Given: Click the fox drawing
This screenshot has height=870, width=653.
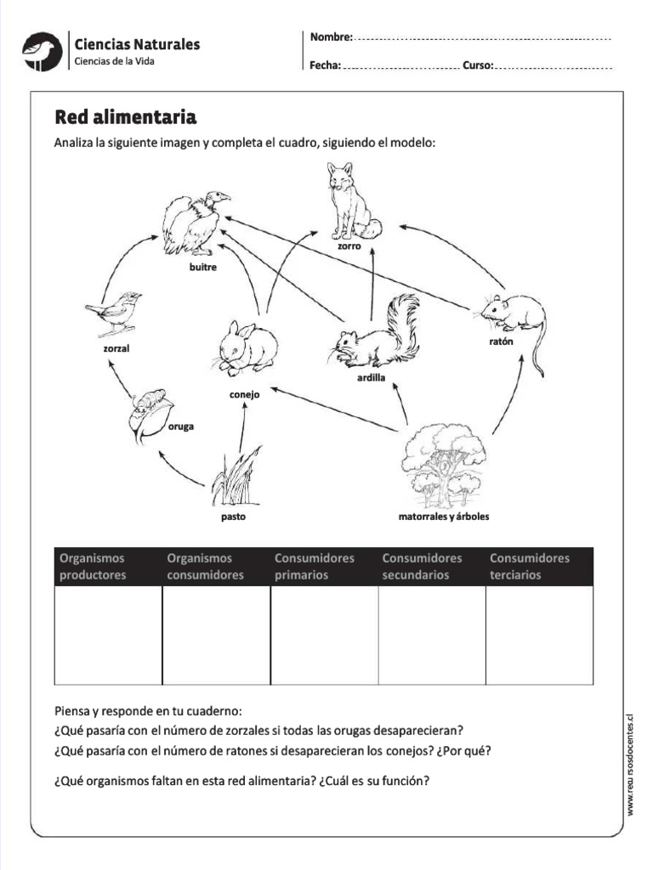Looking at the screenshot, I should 352,202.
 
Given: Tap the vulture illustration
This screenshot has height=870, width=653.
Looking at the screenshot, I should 194,223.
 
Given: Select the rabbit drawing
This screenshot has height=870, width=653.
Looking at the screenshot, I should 246,347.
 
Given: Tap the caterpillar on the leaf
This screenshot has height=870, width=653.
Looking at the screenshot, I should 150,413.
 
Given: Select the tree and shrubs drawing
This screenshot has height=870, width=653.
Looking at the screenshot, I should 443,466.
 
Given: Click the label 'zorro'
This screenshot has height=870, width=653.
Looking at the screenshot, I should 349,246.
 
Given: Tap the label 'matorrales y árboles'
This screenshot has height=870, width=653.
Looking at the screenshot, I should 444,516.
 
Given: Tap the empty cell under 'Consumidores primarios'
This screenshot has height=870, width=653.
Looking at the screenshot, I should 324,635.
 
